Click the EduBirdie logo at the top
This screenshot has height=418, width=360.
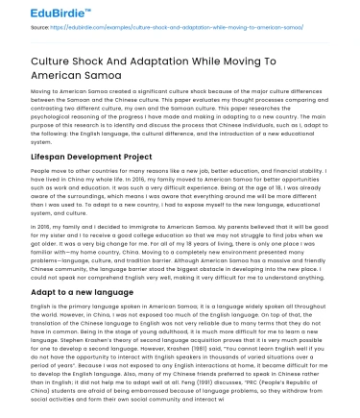(x=38, y=11)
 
